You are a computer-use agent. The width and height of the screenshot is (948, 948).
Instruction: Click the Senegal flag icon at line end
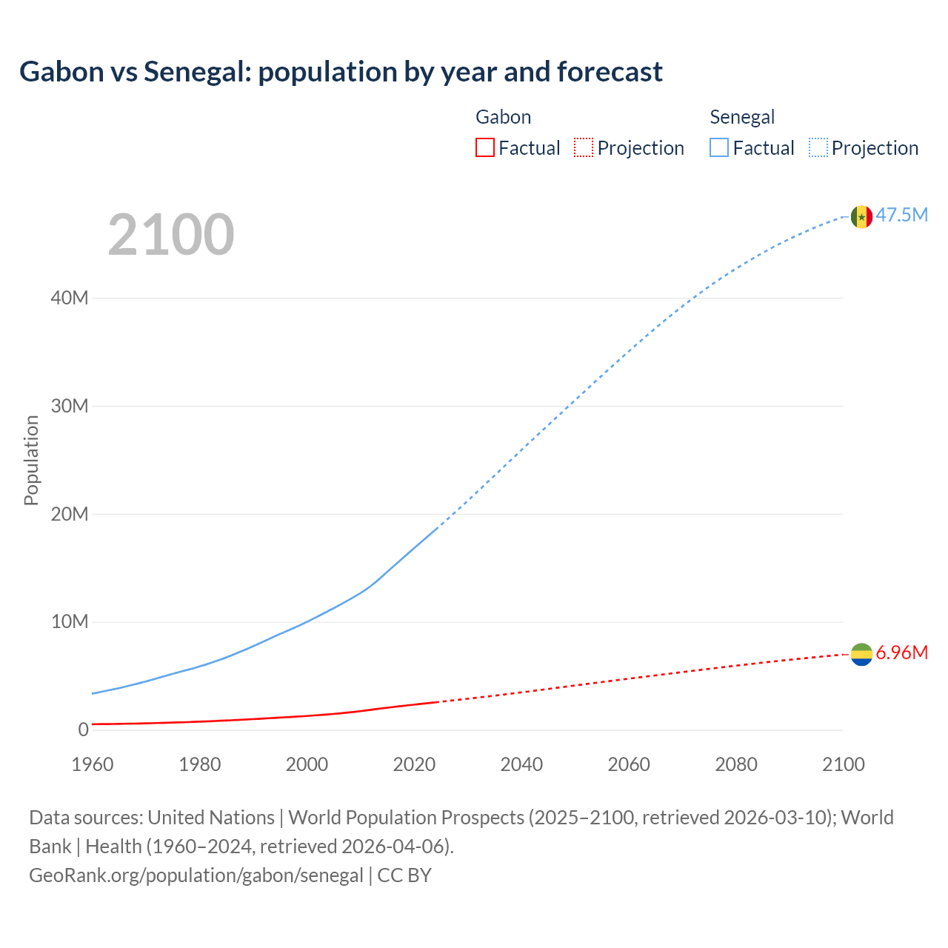[861, 216]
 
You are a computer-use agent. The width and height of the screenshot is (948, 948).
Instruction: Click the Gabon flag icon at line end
[861, 655]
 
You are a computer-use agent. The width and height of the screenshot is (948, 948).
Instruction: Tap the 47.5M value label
[901, 215]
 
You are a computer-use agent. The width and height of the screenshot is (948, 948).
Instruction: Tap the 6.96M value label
[901, 652]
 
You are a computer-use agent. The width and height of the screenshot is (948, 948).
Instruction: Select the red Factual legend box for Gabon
[484, 148]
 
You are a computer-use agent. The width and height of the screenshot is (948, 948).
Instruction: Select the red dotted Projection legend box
[584, 148]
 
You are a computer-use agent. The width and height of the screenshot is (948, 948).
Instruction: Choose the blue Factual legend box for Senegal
[718, 148]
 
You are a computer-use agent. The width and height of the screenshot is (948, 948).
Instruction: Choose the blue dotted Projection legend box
[818, 148]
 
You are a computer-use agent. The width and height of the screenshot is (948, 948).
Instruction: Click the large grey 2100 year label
[171, 235]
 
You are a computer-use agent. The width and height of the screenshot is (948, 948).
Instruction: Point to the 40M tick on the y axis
[70, 298]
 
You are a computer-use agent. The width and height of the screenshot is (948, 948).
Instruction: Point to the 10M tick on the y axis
[70, 621]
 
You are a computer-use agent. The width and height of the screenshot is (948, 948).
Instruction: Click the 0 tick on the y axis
[83, 730]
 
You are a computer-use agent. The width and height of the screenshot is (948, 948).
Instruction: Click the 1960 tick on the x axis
[93, 764]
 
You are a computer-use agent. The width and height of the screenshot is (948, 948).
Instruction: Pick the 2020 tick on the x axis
[414, 764]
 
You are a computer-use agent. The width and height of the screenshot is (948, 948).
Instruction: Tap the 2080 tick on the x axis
[736, 764]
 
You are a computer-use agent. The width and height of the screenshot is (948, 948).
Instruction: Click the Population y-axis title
[31, 460]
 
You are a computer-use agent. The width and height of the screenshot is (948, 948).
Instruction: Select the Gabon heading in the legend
[503, 117]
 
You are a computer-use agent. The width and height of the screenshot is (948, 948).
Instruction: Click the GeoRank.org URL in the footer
[196, 875]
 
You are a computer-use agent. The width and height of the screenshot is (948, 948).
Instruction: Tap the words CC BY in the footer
[404, 875]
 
